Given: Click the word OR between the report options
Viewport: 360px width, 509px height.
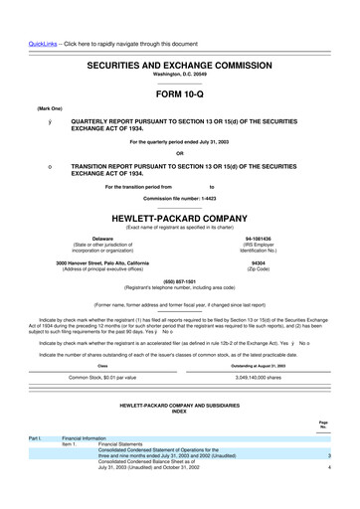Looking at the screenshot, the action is [179, 152].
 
